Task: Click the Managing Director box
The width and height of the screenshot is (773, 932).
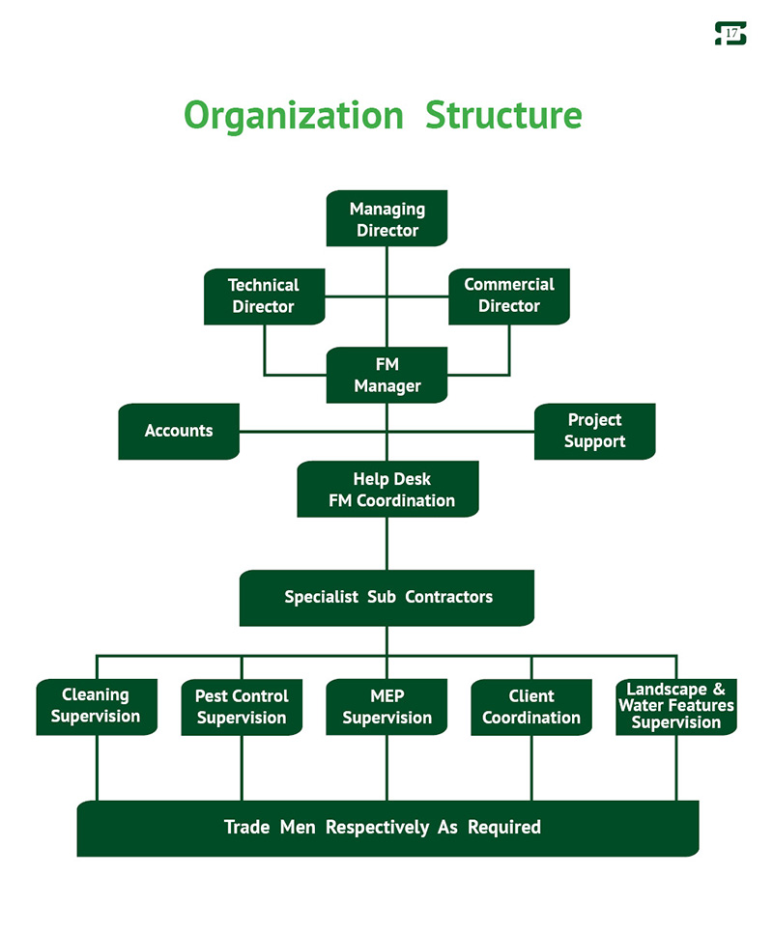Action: (386, 218)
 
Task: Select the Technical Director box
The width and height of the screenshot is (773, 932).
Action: (264, 296)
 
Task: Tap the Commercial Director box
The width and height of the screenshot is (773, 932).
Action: (509, 296)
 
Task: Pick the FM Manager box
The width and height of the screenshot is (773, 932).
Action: (386, 376)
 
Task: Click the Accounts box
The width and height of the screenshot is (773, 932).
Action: (179, 431)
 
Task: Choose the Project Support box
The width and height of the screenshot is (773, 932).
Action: (594, 431)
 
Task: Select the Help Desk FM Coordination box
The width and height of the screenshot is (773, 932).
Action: (387, 490)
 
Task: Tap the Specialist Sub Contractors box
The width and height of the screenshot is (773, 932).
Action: (386, 597)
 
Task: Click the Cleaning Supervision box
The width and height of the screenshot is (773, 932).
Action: (96, 706)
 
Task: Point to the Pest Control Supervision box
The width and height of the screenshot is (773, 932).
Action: (242, 707)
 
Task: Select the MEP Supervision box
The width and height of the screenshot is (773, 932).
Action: (386, 707)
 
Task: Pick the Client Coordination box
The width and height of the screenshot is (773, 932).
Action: (531, 707)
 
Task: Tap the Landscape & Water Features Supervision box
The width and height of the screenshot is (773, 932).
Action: (675, 706)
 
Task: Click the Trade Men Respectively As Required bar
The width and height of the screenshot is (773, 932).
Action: (386, 828)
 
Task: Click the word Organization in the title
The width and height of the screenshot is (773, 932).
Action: (293, 115)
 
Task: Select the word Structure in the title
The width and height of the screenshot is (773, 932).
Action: (503, 115)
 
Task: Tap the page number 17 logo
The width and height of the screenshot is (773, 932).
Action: (730, 34)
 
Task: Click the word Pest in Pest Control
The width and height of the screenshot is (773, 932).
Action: (211, 696)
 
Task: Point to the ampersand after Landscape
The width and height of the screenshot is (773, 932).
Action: (718, 690)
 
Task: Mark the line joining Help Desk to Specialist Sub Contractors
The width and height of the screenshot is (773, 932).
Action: (386, 543)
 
